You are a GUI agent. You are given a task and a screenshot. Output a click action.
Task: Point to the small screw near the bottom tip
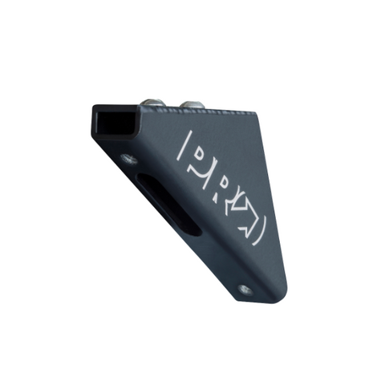tap(245, 289)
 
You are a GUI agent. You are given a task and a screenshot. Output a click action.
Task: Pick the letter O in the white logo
tap(245, 210)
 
